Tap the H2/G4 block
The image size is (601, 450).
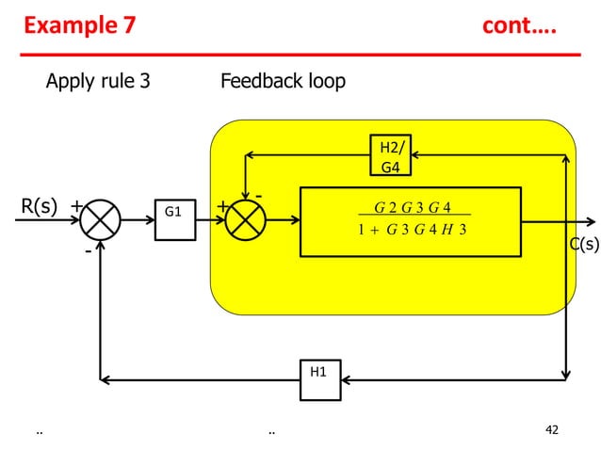[389, 157]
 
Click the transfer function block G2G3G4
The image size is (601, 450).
[410, 221]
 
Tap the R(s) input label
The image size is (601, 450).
[40, 205]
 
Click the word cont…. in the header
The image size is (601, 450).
[518, 25]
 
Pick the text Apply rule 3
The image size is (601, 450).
[98, 82]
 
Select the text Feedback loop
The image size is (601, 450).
[283, 82]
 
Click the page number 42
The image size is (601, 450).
[552, 430]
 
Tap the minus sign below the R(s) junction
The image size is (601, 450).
[87, 252]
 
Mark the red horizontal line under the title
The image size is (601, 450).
[301, 56]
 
